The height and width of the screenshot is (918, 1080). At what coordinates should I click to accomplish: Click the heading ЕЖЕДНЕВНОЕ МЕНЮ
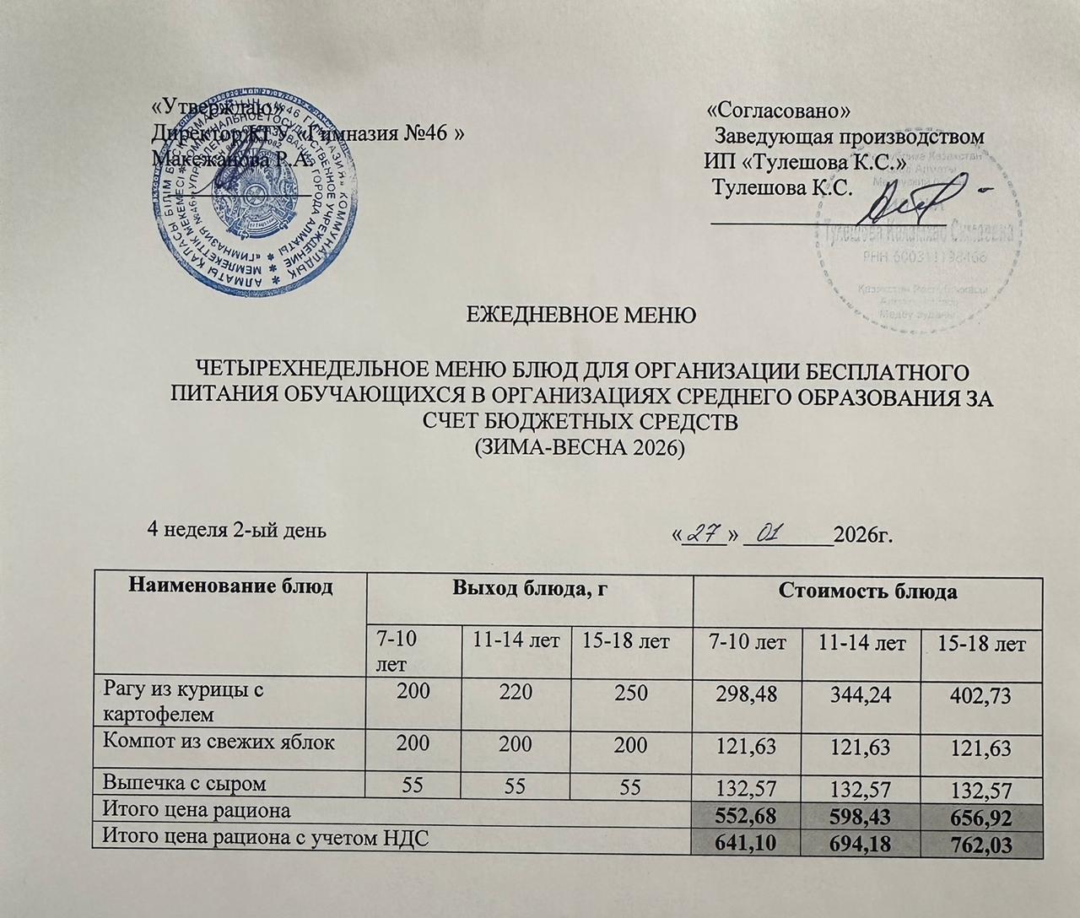[581, 316]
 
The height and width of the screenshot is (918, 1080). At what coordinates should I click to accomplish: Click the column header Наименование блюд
[228, 587]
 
